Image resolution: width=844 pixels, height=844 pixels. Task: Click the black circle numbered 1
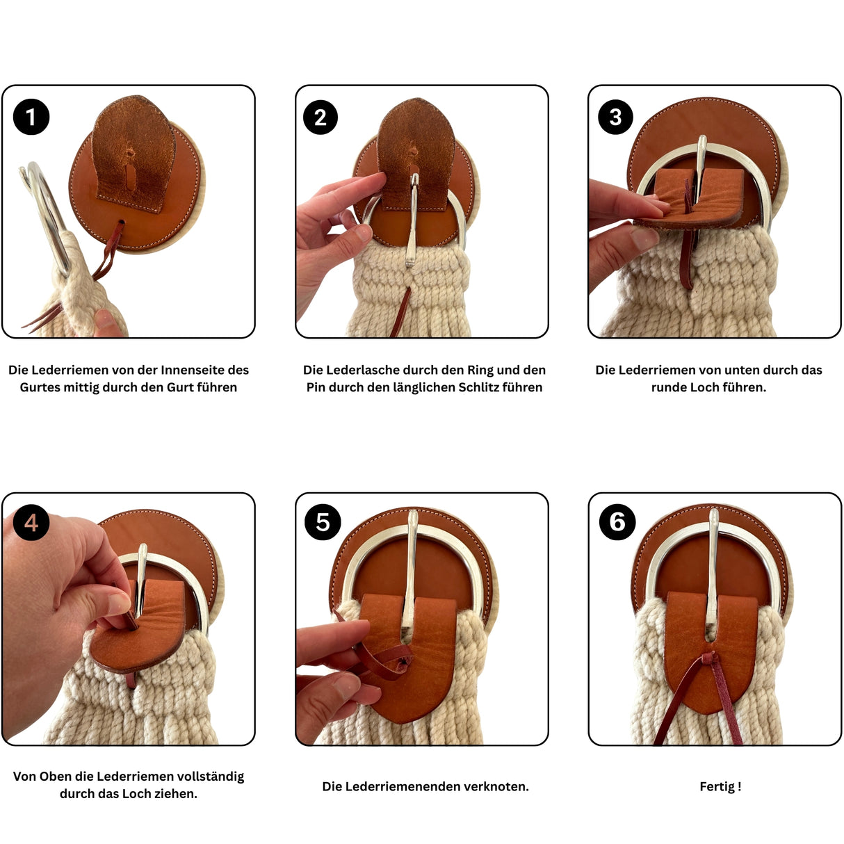click(x=31, y=117)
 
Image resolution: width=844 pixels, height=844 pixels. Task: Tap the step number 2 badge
click(x=320, y=117)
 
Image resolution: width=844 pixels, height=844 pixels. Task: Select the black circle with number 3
click(x=615, y=117)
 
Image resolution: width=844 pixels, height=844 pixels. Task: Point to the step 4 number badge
click(x=31, y=522)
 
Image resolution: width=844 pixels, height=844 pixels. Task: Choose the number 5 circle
click(x=323, y=521)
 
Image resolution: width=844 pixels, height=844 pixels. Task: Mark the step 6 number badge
click(x=617, y=521)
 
